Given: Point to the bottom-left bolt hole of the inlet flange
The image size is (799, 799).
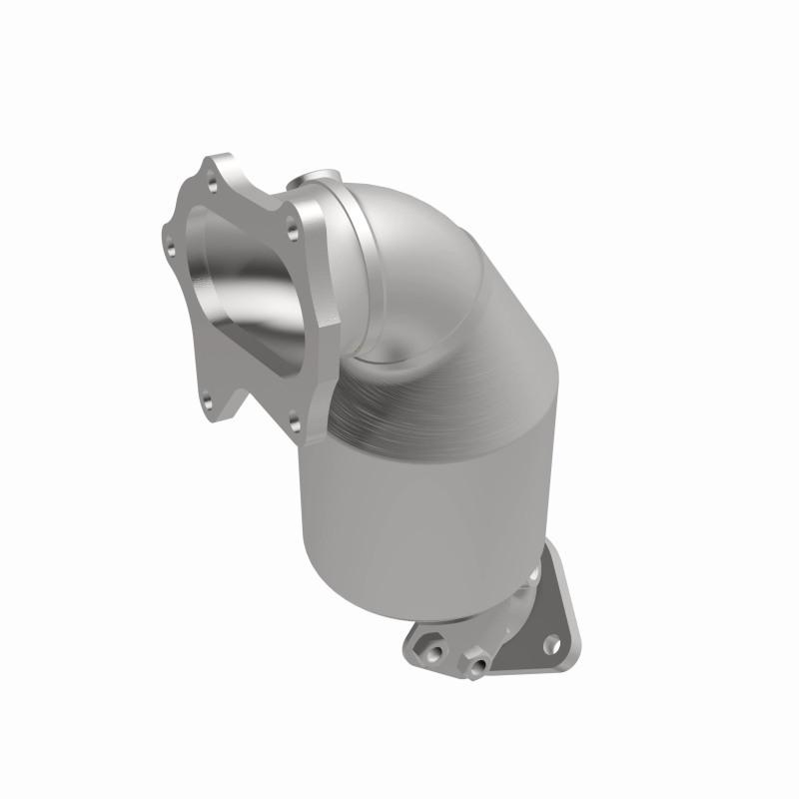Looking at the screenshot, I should point(207,403).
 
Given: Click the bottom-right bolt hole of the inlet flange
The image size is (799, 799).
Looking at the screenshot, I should point(294,417).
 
